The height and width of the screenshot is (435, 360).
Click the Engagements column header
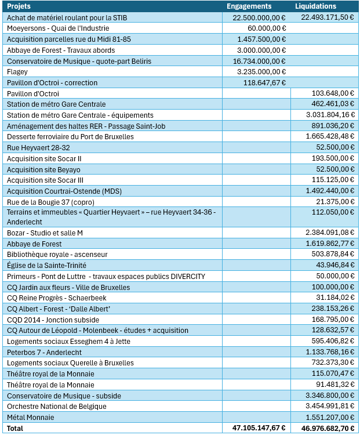tap(249, 6)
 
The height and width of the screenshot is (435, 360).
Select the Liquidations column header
tap(315, 6)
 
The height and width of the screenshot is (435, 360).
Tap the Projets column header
tap(19, 6)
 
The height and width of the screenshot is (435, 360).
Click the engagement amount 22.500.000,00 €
tap(259, 17)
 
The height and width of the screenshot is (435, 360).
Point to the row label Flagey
tap(17, 71)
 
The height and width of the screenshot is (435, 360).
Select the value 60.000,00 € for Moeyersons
tap(266, 28)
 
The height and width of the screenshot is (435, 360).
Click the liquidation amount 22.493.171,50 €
tap(328, 17)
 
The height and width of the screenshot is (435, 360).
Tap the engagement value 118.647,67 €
tap(264, 82)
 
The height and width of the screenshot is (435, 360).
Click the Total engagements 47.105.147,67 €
tap(259, 428)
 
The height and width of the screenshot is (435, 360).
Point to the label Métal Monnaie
tap(30, 417)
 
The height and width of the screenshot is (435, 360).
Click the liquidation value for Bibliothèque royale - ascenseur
tap(333, 255)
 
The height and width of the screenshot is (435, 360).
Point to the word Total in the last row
tap(15, 428)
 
